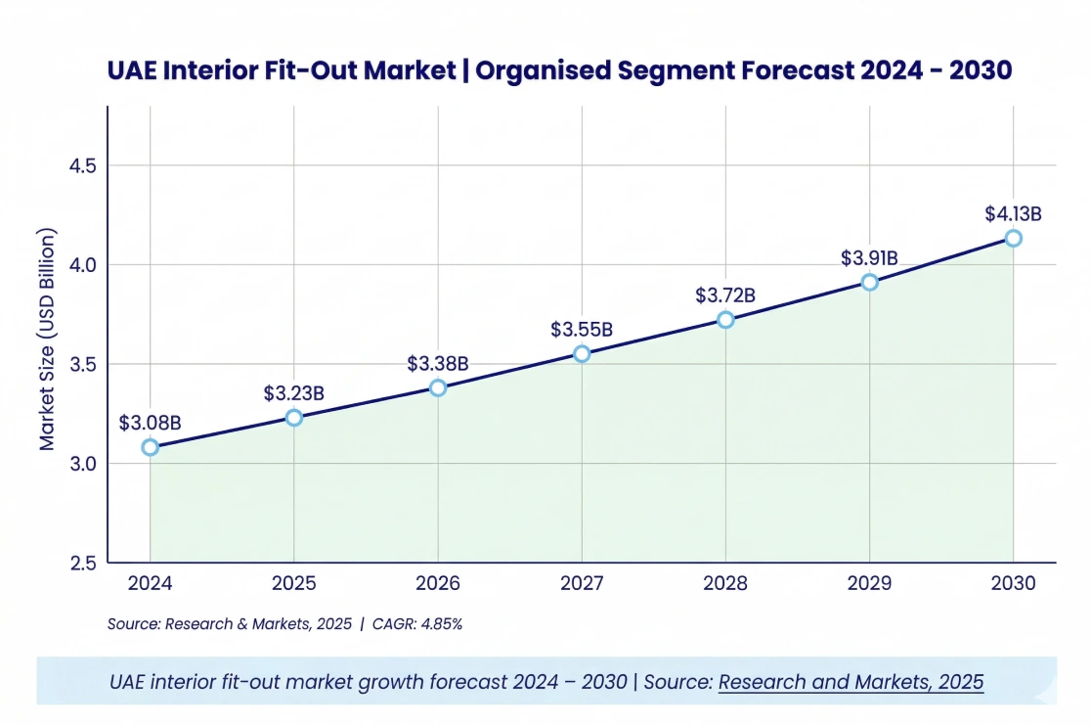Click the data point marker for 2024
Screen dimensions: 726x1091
pos(150,447)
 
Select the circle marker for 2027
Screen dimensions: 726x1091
pos(582,354)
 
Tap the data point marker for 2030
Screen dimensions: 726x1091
pos(1014,238)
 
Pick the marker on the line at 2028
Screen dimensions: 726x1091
pos(725,320)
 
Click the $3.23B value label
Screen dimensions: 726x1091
pos(293,393)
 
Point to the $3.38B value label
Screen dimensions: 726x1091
pos(438,364)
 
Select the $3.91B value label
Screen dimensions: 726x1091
pos(869,258)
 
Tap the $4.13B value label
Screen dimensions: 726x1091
pos(1013,213)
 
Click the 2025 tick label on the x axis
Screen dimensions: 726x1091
pos(293,584)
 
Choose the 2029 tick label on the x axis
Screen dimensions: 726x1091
pos(869,584)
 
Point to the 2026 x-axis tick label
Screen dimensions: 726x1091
pos(438,584)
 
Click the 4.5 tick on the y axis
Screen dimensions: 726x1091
pos(82,165)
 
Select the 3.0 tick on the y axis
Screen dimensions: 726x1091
pos(82,463)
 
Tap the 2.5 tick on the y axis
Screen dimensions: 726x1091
pos(82,563)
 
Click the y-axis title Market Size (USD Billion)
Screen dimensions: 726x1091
pos(47,340)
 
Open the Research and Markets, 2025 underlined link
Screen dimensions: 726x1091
pos(851,682)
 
